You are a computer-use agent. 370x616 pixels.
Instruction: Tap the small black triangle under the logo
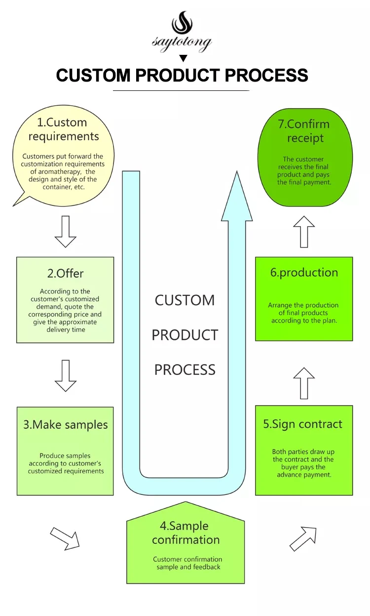(184, 58)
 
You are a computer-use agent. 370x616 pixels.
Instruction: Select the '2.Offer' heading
(65, 273)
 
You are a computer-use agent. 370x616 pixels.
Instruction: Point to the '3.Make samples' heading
(65, 425)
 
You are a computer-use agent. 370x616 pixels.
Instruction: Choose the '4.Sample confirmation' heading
(185, 533)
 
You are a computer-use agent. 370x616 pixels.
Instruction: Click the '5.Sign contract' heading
(303, 424)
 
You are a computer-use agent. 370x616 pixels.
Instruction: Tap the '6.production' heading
(304, 273)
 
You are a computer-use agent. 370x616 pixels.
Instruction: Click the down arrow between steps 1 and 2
(66, 231)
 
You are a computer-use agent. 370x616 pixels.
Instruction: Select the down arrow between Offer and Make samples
(66, 376)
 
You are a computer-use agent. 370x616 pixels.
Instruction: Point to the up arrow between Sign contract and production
(304, 383)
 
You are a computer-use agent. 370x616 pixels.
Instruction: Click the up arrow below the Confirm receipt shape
(304, 231)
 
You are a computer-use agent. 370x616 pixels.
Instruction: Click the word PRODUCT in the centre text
(185, 335)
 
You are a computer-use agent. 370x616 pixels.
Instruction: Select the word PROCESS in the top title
(266, 76)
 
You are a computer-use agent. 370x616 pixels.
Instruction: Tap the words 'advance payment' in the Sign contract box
(304, 475)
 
